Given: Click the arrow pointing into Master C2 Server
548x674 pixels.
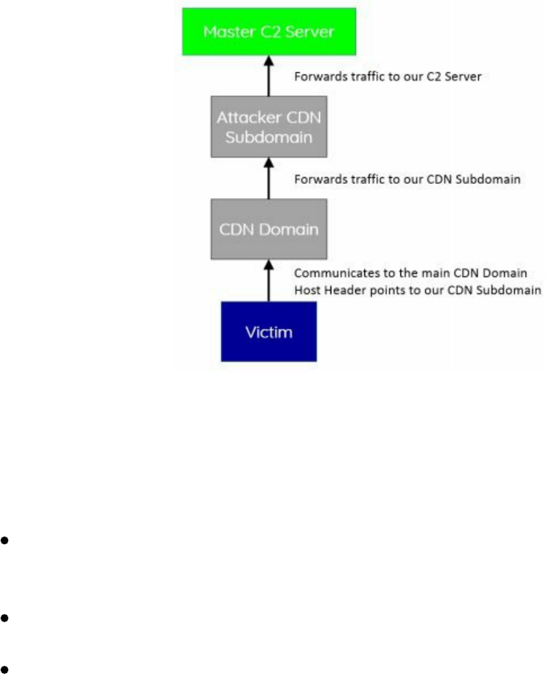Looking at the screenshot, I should click(268, 78).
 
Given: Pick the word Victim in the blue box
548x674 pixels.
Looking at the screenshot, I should click(268, 332).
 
